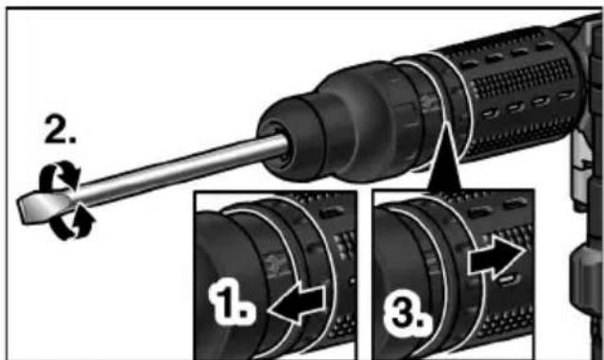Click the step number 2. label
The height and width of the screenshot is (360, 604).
(60, 130)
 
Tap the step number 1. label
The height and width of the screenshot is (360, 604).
(232, 300)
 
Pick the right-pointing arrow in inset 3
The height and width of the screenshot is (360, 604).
(496, 256)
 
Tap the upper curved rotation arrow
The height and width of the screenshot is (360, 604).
(59, 175)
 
